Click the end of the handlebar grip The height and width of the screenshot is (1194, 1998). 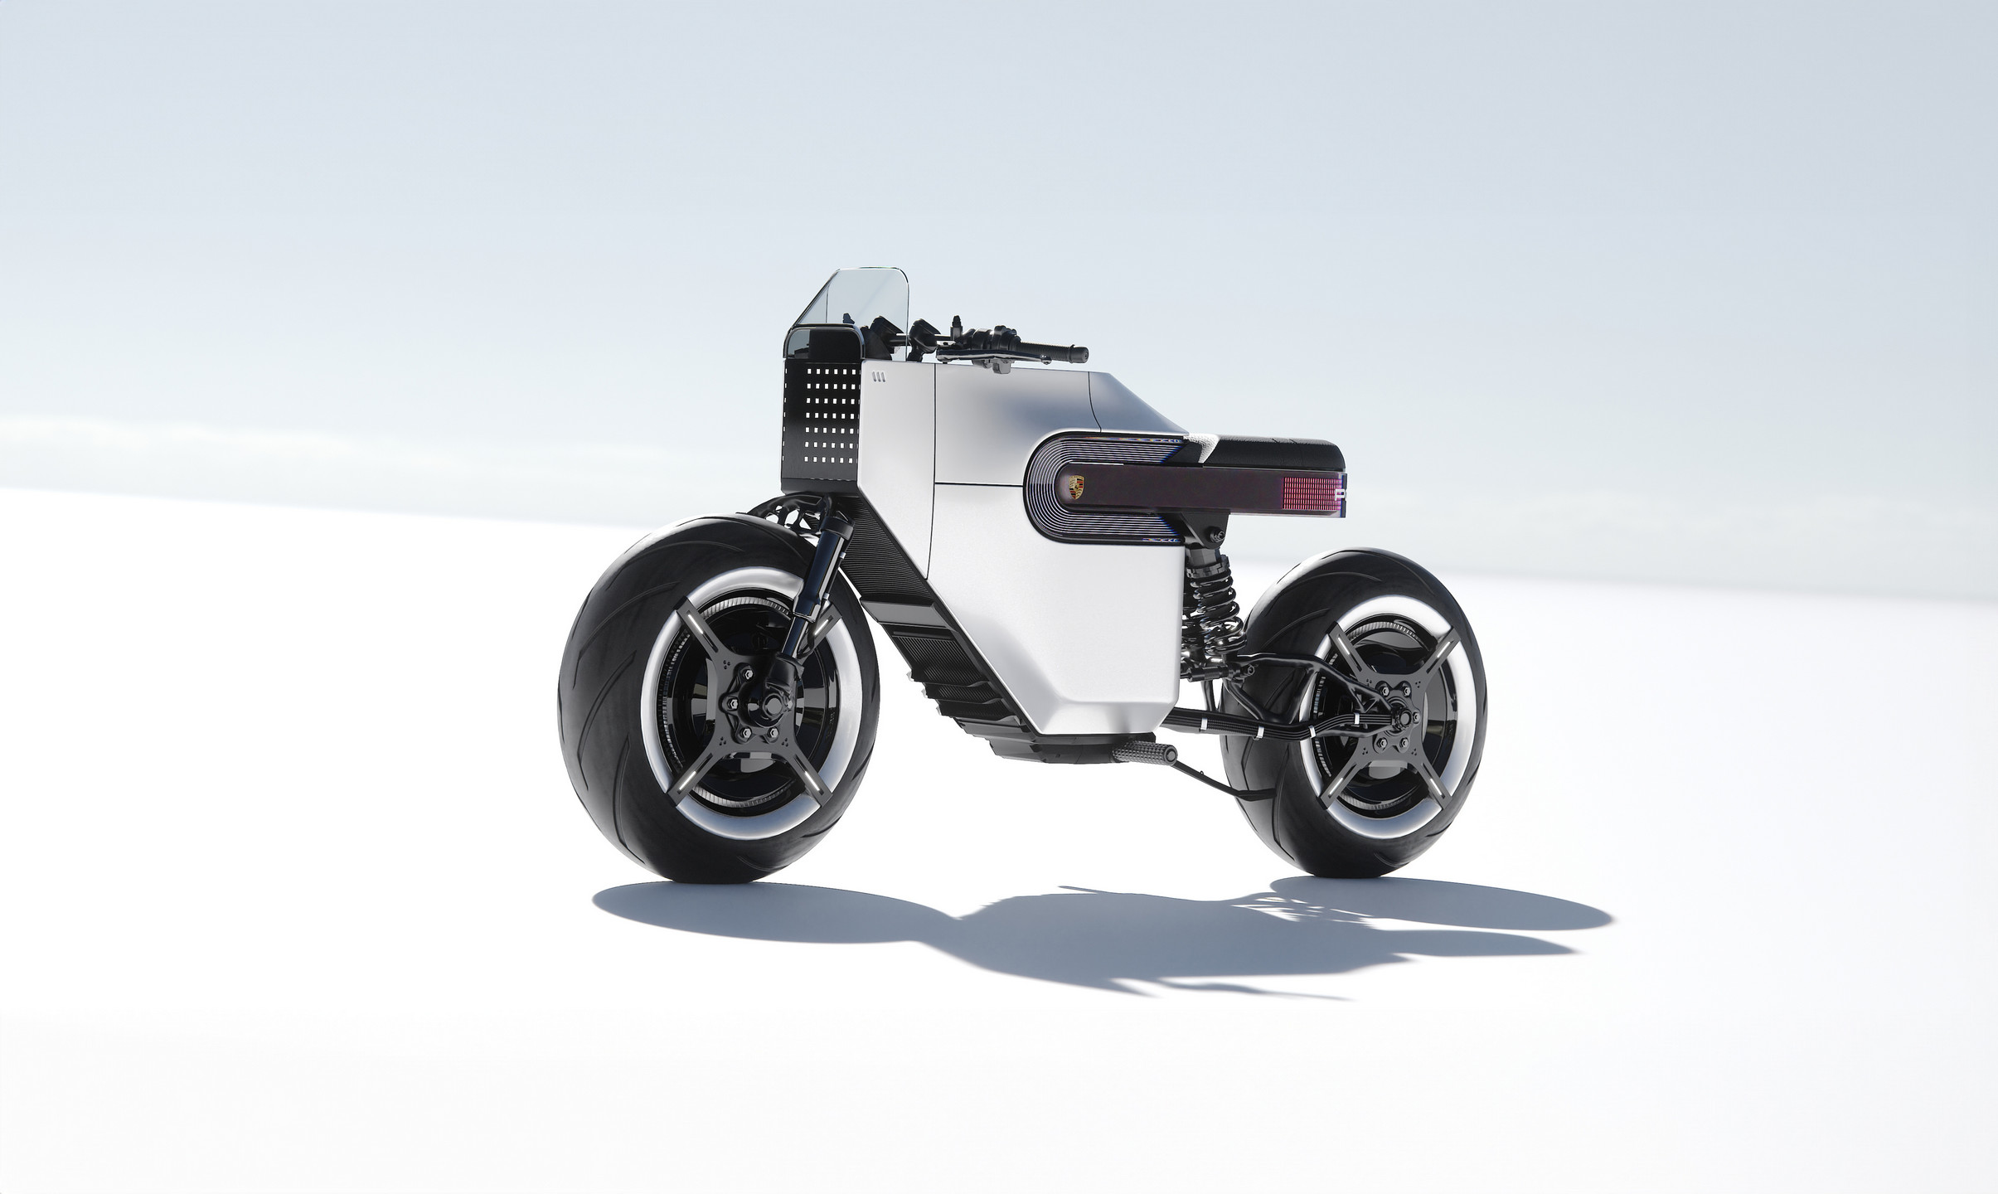[x=1080, y=353]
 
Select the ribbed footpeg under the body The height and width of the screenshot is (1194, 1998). [x=1145, y=752]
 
